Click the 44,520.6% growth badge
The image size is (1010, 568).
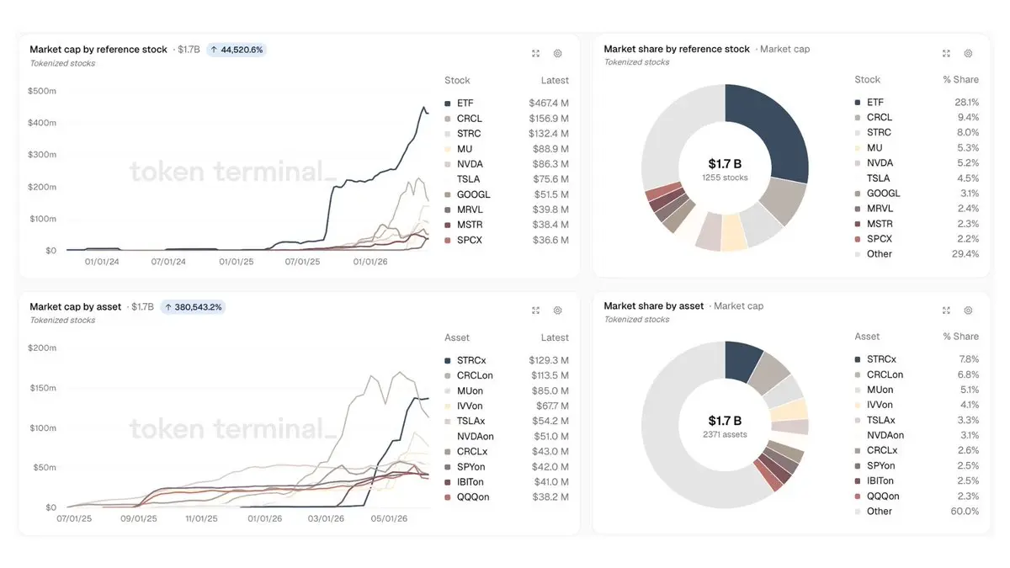point(237,50)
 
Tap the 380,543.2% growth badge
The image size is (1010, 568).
point(193,307)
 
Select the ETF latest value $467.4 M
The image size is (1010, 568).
point(548,104)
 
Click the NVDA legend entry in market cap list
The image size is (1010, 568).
point(470,164)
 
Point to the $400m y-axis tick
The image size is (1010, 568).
point(42,123)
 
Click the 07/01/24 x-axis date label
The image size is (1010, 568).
point(168,262)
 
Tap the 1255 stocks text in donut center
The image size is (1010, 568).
point(725,178)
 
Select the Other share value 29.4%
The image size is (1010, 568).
point(965,254)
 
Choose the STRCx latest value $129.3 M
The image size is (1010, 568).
point(548,361)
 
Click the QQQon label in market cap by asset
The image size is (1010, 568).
point(473,497)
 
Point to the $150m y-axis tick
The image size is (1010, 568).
point(43,388)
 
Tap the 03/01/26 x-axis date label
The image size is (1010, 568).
point(326,519)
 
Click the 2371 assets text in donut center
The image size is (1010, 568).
point(725,434)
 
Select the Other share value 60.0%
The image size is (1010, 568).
point(965,512)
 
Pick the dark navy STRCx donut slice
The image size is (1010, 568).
point(742,360)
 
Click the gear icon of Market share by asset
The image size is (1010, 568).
point(968,311)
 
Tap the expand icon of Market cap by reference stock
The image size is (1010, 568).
point(535,54)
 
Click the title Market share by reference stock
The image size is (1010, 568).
point(677,49)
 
